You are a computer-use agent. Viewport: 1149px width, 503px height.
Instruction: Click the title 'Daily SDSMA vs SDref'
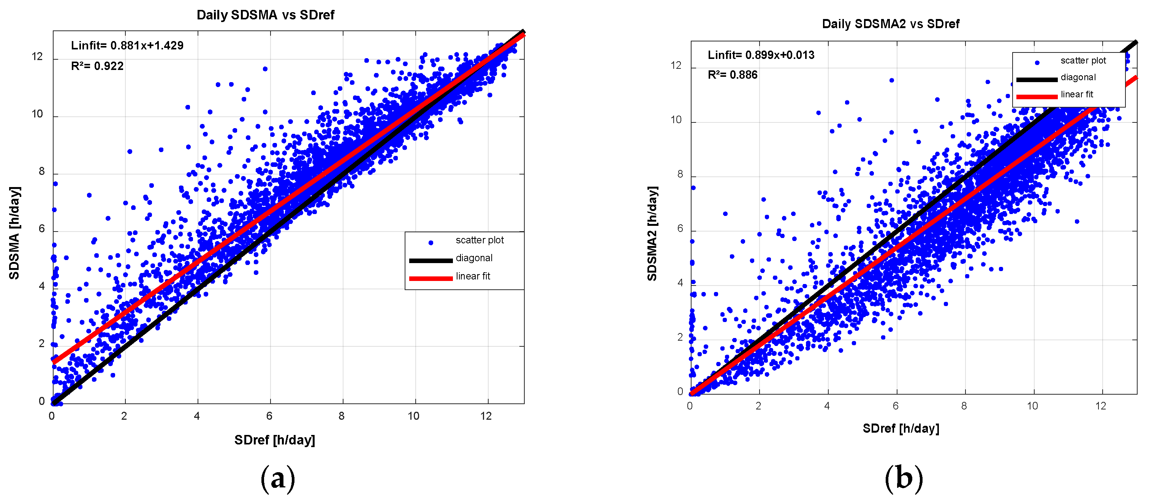pos(265,15)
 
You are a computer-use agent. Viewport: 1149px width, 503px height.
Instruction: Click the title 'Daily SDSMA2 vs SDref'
pos(890,24)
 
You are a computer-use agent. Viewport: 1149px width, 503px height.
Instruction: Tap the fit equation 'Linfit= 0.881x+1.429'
pos(127,46)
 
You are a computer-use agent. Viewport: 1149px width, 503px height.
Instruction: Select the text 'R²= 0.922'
pos(97,66)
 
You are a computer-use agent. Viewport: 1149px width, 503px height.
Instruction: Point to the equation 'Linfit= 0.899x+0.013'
pos(761,55)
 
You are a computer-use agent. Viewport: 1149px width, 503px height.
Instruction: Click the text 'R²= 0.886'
pos(733,75)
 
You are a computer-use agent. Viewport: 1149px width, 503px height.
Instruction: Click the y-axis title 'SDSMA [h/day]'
pos(14,233)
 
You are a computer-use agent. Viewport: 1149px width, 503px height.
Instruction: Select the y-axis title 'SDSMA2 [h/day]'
pos(652,233)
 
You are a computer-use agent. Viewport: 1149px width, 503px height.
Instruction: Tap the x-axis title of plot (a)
pos(275,440)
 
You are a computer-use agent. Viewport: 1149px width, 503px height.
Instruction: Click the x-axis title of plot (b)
pos(901,428)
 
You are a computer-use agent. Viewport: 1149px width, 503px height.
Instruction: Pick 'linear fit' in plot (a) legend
pos(473,276)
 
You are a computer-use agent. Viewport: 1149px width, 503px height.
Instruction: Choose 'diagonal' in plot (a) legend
pos(474,258)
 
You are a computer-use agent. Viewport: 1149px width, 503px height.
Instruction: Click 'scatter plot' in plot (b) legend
pos(1083,60)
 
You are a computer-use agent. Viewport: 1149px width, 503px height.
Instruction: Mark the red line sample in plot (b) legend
pos(1037,96)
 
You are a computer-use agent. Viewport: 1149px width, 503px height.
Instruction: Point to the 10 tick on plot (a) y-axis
pos(38,114)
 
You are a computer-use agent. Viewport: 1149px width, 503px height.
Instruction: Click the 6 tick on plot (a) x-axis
pos(269,416)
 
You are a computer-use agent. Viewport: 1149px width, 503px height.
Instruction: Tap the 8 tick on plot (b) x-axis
pos(964,406)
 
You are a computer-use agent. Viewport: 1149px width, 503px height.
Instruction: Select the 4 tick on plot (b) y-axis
pos(680,283)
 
